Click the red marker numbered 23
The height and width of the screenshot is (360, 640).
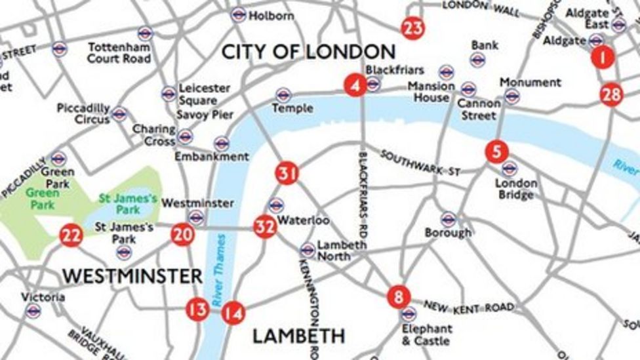point(412,28)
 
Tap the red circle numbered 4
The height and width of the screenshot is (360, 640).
point(355,85)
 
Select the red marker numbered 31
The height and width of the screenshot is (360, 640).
point(287,174)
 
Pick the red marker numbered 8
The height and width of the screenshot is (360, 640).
point(398,296)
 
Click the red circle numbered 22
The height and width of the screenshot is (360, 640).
point(71,235)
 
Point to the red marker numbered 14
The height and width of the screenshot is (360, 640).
point(232,313)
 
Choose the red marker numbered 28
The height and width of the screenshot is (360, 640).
point(610,95)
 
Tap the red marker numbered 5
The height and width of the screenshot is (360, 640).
point(496,151)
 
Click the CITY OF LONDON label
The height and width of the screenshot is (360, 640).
point(308,52)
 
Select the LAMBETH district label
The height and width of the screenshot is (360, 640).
point(298,336)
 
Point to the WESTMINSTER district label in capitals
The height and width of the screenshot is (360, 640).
point(132,276)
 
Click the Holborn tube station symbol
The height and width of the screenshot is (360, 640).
point(239,14)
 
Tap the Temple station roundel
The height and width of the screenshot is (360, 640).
point(283,95)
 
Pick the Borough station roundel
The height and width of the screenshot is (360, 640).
point(449,219)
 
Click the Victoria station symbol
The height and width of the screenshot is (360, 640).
point(33,311)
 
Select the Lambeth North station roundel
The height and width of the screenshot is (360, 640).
point(308,250)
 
